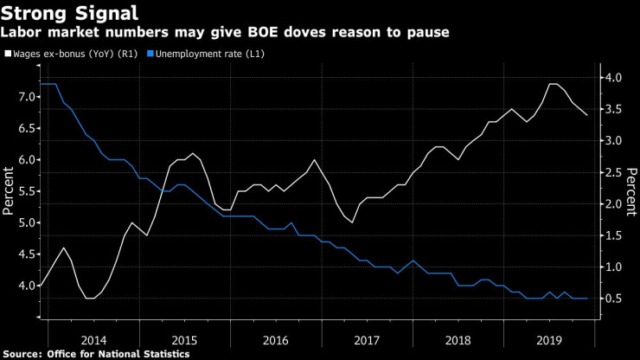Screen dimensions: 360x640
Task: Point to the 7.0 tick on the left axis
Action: (24, 96)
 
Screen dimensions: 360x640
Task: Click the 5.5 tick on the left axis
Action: (24, 191)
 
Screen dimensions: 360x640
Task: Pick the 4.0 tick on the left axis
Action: (24, 286)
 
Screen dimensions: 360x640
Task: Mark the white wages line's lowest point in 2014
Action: (90, 298)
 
